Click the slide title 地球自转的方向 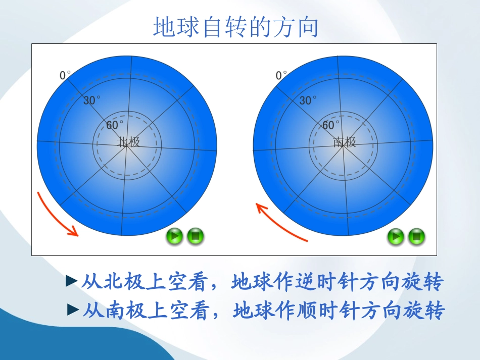click(x=235, y=27)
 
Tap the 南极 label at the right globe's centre click(x=345, y=142)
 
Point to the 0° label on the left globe click(x=65, y=75)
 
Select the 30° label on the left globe click(x=91, y=100)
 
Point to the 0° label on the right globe click(x=281, y=75)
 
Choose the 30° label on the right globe click(x=307, y=100)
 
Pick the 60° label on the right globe click(x=330, y=125)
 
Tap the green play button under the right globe click(x=396, y=236)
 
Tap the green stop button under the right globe click(x=416, y=236)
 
